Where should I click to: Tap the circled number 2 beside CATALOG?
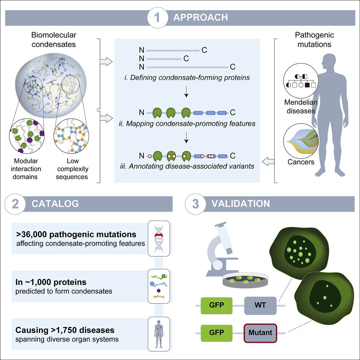click(15, 203)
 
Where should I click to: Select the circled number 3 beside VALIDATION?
click(196, 203)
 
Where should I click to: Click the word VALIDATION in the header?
click(241, 203)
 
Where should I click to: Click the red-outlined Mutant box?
click(260, 332)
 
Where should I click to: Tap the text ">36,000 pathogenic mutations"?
click(76, 234)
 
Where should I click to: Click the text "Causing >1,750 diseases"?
click(65, 330)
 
